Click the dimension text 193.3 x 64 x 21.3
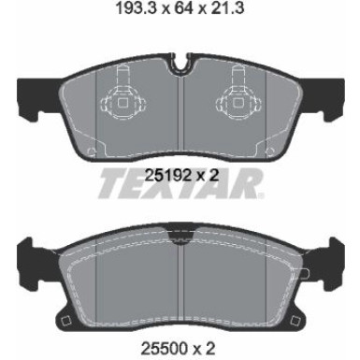click(180, 13)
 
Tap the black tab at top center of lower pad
click(180, 239)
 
